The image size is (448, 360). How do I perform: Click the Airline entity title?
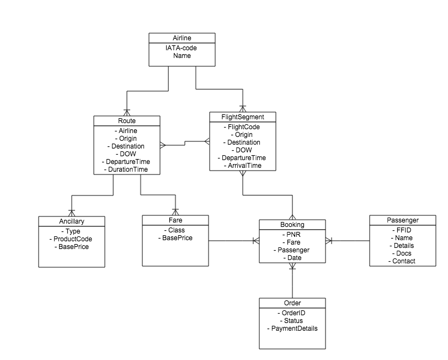coord(182,38)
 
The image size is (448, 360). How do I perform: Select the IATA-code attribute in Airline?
coord(182,48)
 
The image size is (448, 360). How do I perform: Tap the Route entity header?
coord(126,120)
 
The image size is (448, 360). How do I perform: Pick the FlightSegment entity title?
coord(242,117)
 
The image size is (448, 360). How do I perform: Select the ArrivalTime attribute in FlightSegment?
coord(242,166)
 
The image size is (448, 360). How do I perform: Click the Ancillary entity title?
coord(71,221)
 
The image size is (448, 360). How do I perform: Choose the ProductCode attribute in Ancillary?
coord(71,239)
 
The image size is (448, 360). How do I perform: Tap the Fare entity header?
coord(175,220)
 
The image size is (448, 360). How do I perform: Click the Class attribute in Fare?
coord(175,230)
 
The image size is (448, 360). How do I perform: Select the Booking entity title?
coord(292,225)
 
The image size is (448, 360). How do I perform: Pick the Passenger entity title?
coord(402,220)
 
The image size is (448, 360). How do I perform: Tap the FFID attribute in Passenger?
coord(402,230)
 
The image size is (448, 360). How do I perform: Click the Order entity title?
coord(292,303)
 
